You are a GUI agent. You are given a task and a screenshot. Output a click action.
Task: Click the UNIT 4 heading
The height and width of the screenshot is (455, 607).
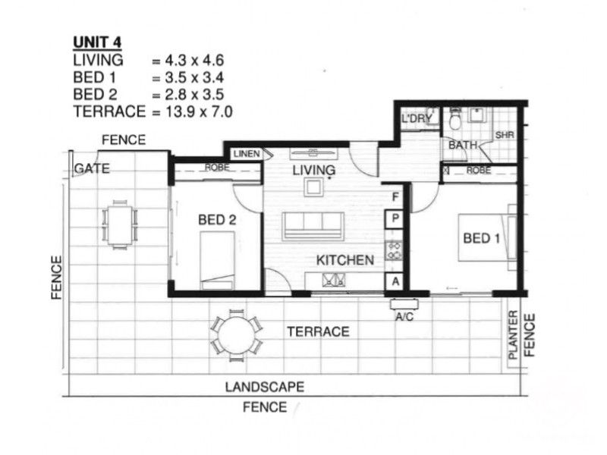(x=97, y=42)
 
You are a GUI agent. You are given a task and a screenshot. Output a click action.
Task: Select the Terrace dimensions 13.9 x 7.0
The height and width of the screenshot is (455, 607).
(x=199, y=111)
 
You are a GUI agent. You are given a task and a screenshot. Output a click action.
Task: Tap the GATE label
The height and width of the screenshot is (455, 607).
(x=92, y=168)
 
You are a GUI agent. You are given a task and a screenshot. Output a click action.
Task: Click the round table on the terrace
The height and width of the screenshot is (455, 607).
(x=237, y=335)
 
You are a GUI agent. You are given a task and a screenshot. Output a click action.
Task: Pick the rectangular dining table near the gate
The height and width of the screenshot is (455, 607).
(x=120, y=224)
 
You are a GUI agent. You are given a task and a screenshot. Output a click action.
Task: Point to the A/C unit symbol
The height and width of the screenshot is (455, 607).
(x=404, y=305)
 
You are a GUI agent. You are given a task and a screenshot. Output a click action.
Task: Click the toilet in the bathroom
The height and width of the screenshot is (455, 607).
(x=454, y=120)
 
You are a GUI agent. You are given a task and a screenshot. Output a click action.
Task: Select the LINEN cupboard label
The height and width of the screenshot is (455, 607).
(x=247, y=154)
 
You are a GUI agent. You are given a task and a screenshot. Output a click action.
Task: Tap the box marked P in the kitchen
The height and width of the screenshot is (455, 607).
(x=395, y=219)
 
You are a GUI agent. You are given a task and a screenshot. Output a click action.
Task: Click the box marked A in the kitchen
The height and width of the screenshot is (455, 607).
(x=395, y=281)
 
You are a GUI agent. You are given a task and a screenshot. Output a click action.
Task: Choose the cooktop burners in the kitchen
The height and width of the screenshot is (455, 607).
(x=394, y=250)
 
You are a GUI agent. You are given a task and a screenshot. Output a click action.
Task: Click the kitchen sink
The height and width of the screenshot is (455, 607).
(x=333, y=280)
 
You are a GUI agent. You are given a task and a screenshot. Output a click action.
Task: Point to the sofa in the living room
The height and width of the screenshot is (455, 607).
(x=313, y=226)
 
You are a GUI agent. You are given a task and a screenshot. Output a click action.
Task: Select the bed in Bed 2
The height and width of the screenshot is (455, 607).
(x=217, y=260)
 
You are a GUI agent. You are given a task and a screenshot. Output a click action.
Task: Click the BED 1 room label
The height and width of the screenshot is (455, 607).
(x=481, y=238)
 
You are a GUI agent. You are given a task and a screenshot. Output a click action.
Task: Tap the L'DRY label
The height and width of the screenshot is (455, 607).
(x=417, y=119)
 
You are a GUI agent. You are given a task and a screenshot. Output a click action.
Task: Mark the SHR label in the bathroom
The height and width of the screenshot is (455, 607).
(x=505, y=135)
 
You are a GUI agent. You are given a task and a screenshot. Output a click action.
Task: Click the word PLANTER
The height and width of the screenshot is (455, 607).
(x=513, y=335)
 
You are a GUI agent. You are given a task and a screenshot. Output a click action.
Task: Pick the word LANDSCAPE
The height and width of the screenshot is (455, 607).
(x=265, y=387)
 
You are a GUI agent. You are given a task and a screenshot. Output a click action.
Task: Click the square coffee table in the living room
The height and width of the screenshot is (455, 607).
(x=313, y=187)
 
